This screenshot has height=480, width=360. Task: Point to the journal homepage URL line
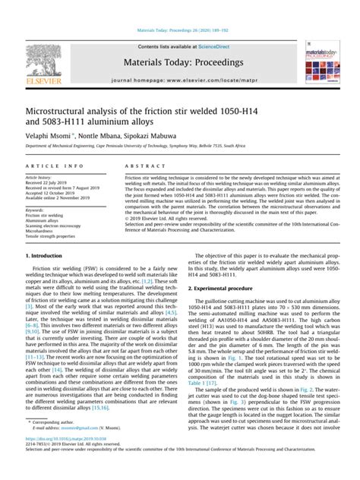click(x=179, y=78)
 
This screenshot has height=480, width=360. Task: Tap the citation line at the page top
click(x=179, y=31)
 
